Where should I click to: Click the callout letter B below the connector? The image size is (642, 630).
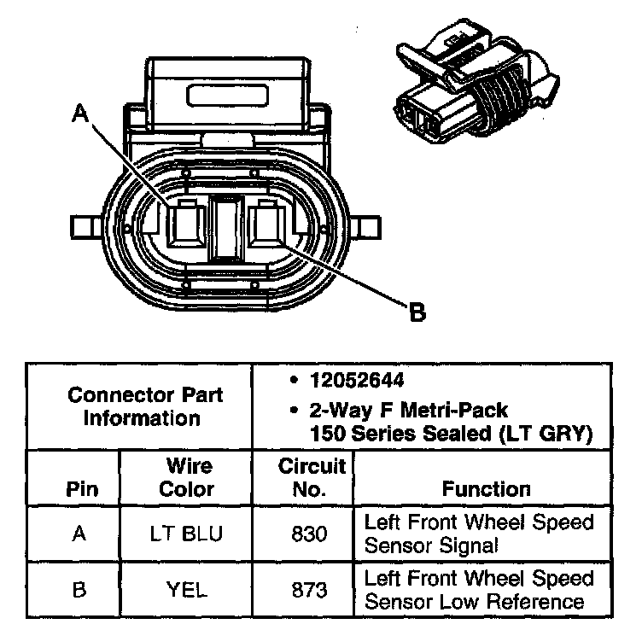pos(417,313)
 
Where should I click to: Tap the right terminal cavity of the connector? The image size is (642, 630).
pos(270,227)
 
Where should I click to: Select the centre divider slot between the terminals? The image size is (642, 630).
pos(226,227)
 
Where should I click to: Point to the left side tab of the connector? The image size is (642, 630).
pos(85,228)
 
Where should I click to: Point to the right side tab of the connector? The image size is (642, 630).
pos(367,228)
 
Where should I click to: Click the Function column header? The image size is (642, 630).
pos(486,489)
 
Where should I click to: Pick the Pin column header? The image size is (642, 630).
pos(79,489)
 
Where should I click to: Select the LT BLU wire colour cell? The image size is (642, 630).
pos(186,534)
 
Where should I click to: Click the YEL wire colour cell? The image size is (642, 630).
pos(186,590)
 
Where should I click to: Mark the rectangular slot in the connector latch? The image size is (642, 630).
pos(227,92)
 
